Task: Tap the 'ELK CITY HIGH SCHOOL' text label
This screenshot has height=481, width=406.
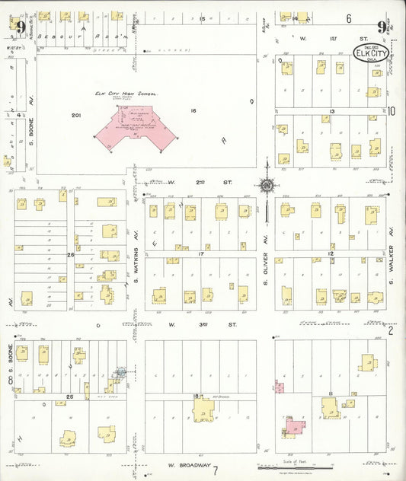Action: (x=126, y=94)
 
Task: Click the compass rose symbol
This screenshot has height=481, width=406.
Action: (x=267, y=183)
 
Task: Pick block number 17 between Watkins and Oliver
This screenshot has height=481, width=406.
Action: (x=201, y=253)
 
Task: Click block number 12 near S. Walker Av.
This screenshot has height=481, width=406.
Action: (x=331, y=253)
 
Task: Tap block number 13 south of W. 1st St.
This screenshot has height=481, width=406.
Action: (x=331, y=111)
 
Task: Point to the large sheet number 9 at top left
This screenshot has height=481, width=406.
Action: (x=21, y=28)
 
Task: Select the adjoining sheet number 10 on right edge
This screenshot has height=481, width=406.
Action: (x=392, y=111)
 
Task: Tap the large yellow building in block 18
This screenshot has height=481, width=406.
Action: (x=203, y=410)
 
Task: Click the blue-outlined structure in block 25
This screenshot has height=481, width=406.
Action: (x=120, y=372)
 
